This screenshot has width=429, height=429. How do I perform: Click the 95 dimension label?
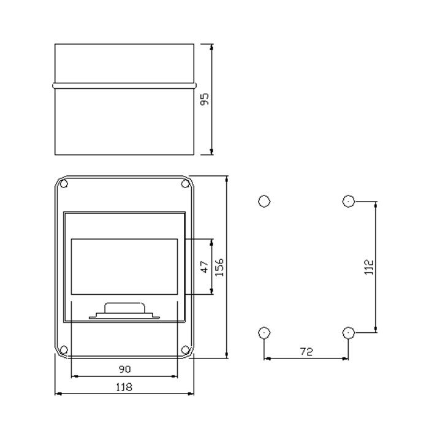point(205,99)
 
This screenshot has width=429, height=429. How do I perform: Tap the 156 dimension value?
point(219,267)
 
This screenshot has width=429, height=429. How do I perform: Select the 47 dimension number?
point(205,267)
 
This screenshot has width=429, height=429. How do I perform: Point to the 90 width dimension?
point(125,369)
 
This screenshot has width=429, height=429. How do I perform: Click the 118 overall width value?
point(124,387)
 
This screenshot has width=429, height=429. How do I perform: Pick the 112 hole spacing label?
point(370,267)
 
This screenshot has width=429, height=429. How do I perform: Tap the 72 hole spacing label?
point(306,351)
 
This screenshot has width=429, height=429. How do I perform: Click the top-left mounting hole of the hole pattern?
point(264,201)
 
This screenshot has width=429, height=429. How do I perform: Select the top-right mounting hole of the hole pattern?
point(349,201)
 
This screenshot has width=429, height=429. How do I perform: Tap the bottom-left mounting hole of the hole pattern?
point(264,333)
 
